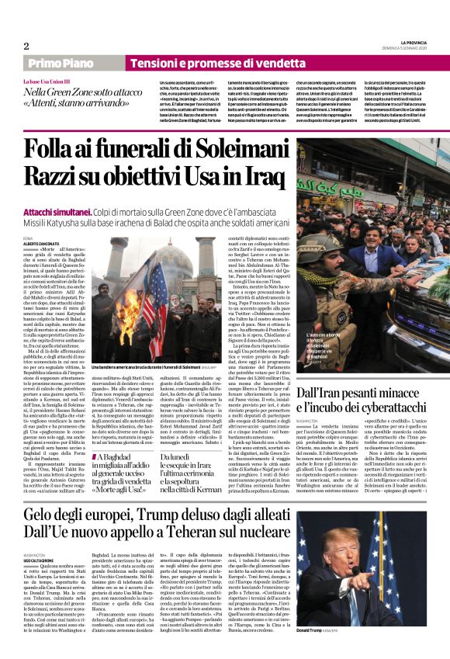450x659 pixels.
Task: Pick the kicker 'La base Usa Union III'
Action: (x=46, y=82)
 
